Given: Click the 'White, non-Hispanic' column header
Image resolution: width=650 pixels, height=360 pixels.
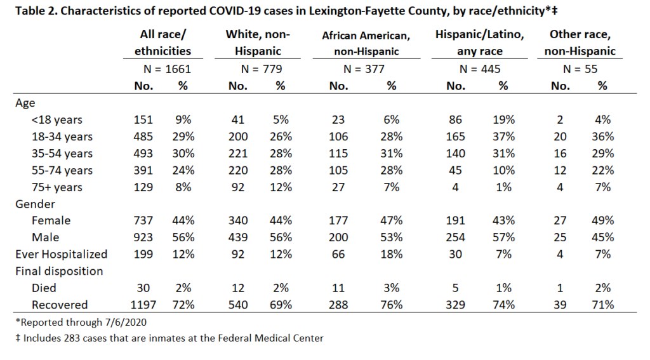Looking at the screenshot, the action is coord(258,43).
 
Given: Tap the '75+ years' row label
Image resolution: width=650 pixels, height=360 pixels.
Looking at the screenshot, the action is coord(56,187).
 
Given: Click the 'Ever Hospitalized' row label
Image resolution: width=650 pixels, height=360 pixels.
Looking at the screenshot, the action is coord(62,254).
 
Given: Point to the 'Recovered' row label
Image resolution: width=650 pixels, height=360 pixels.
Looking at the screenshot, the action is coord(60,305).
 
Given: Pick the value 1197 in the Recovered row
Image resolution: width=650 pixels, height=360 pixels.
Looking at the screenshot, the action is coord(143,305).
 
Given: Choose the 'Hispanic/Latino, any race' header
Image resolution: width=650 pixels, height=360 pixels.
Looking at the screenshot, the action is coord(480,43).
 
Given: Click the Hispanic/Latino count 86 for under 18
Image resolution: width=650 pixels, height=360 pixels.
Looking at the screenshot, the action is coord(455,120).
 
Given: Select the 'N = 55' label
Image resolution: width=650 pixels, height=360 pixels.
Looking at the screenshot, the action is coord(580,69).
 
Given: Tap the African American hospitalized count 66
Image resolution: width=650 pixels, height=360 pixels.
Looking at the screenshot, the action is coord(338,254).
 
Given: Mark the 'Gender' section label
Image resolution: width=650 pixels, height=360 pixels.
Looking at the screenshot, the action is coord(36,204).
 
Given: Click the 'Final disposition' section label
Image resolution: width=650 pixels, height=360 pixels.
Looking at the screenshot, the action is coord(59,271).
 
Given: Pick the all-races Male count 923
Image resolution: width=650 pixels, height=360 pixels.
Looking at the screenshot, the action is coord(143,237).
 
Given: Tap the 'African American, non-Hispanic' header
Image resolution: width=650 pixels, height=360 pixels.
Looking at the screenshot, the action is coord(366,44).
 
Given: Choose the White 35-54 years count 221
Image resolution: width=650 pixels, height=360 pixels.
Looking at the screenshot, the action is coord(238,154).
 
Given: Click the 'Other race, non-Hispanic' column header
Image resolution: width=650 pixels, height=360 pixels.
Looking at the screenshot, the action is coord(580,43).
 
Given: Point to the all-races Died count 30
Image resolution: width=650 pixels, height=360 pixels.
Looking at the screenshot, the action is coord(143,288).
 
